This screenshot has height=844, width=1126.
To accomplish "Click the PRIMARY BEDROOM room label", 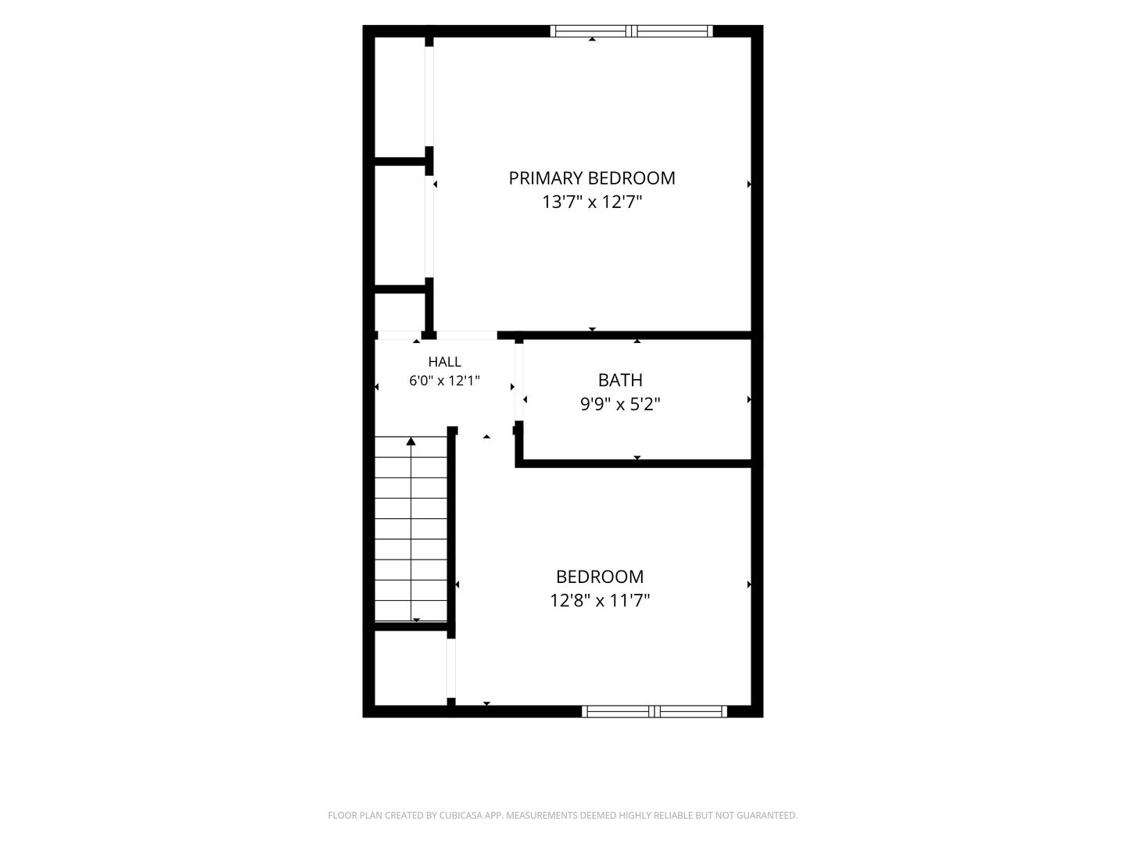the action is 591,178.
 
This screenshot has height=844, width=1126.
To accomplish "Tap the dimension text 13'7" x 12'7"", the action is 592,202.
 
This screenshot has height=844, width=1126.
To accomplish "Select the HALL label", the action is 444,362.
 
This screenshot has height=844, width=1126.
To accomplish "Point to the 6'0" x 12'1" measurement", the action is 444,381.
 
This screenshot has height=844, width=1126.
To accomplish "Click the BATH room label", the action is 620,381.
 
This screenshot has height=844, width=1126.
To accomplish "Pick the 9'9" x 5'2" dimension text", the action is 620,405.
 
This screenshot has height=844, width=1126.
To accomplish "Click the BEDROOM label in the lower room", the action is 600,577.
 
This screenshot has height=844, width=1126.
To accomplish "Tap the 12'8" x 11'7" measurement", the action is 600,600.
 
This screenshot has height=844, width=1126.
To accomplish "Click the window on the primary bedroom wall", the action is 632,31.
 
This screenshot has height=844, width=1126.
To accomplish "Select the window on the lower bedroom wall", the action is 654,711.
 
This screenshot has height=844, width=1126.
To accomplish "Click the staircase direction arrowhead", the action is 411,441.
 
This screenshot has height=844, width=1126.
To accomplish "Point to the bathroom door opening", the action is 519,382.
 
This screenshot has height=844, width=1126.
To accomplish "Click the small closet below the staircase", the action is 411,667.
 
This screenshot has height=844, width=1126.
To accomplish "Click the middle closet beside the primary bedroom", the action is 400,226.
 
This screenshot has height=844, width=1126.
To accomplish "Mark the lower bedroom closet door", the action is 451,668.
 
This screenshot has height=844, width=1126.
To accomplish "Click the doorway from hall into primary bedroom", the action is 467,336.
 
